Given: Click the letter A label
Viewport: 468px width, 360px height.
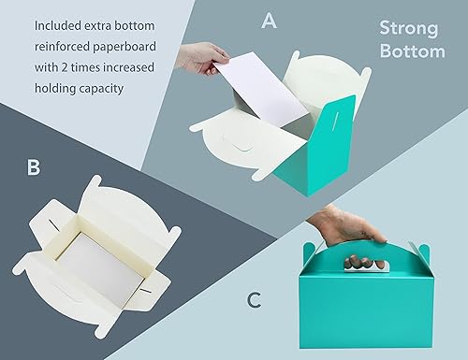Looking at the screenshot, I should [x=269, y=21].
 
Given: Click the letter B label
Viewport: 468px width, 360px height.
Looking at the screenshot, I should [x=34, y=167].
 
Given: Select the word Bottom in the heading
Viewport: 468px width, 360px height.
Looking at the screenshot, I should [x=413, y=51].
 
